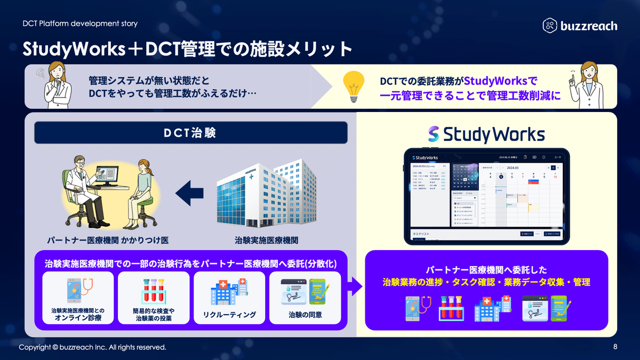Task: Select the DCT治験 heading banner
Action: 190,133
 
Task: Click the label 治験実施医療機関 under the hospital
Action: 266,240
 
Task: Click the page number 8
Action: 615,347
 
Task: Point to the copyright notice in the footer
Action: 93,348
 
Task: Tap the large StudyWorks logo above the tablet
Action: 486,134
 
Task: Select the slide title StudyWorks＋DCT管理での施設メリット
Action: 187,50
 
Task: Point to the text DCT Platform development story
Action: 80,23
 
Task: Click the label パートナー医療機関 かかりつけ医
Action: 108,240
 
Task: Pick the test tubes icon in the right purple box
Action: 449,309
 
